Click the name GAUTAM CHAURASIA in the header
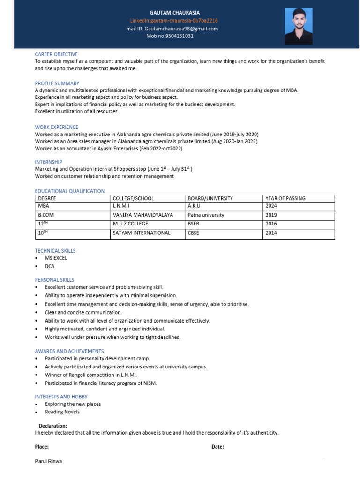(174, 13)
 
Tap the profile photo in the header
(299, 26)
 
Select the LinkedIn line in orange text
(174, 21)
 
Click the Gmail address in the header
(172, 29)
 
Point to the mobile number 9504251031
(173, 36)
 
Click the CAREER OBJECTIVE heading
(56, 54)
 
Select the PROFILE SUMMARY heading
(57, 83)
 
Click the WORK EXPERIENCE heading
(57, 127)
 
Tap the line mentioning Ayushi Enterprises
(108, 148)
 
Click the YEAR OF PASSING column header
(285, 198)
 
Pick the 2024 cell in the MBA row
(271, 206)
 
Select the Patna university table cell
(206, 215)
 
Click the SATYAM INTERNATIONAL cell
(142, 232)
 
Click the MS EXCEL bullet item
(56, 258)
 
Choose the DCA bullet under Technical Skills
(50, 266)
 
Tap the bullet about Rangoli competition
(96, 375)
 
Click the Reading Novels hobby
(62, 412)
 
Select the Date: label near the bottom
(217, 447)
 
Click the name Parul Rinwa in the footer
(48, 461)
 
